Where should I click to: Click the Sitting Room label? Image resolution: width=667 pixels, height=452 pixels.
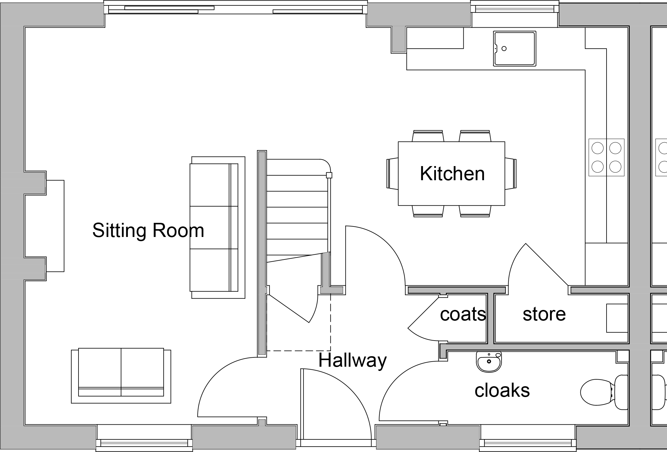[x=148, y=230]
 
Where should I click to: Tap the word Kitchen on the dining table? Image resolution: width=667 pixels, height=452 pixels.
[x=452, y=174]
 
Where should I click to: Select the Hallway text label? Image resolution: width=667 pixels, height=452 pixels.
[x=352, y=361]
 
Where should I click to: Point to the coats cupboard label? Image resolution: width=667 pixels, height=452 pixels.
[x=463, y=314]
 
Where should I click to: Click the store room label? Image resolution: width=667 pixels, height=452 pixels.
[x=544, y=314]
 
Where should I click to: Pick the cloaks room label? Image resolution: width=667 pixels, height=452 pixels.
[x=502, y=390]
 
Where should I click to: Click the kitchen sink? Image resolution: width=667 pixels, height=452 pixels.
[x=515, y=49]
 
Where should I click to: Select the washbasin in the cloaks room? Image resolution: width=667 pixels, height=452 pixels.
[x=489, y=361]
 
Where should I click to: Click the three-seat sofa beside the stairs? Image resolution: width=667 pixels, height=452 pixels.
[x=218, y=227]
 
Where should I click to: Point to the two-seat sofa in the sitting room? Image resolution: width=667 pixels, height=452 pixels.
[x=121, y=375]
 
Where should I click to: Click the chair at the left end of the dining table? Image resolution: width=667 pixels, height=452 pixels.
[x=392, y=174]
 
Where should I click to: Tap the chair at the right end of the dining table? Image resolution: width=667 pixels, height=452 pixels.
[x=511, y=174]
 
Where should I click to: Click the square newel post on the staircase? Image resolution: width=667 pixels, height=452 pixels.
[x=329, y=175]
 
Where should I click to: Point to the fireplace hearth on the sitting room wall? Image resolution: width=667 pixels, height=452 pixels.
[x=55, y=226]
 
